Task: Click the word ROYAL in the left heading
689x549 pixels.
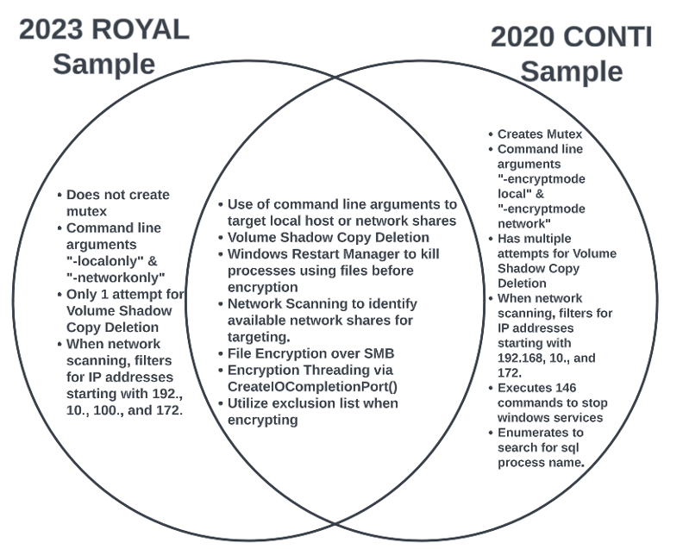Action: [140, 29]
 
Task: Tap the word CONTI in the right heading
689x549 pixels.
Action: [609, 37]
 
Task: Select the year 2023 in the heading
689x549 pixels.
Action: [53, 29]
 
